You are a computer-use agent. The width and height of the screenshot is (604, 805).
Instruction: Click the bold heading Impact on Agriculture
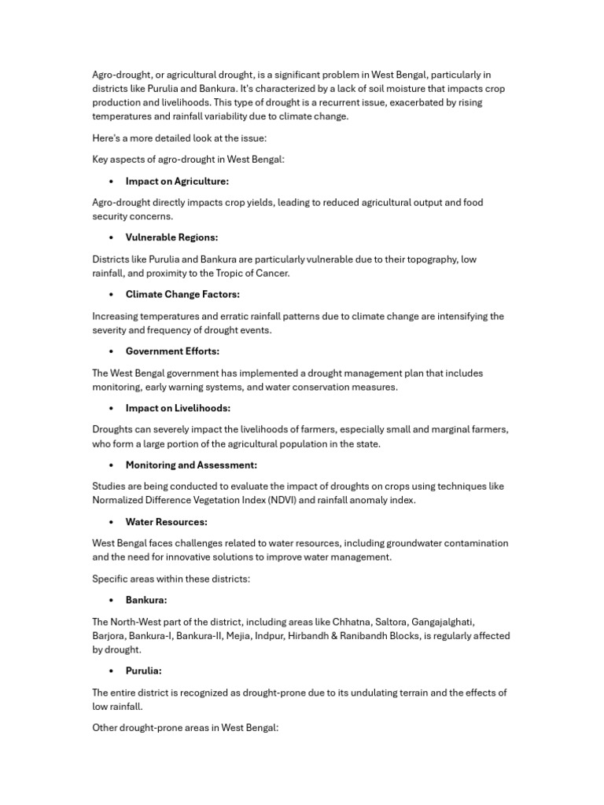tap(177, 181)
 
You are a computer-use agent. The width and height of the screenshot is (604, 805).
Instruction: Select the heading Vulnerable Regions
tap(171, 237)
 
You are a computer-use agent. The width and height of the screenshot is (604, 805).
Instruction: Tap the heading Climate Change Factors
tap(182, 294)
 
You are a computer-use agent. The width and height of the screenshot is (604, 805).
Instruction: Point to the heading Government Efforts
tap(172, 351)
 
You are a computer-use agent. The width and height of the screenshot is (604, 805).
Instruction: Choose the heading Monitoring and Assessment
tap(191, 465)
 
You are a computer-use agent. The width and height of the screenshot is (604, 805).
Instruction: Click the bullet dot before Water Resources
tap(111, 522)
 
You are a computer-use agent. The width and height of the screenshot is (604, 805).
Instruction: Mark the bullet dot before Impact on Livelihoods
tap(111, 408)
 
